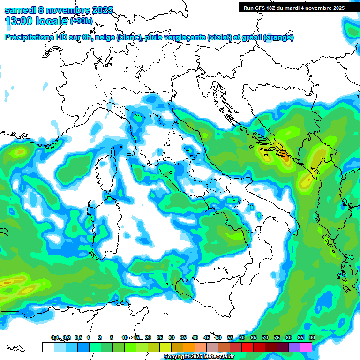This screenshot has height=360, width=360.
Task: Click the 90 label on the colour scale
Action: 312,337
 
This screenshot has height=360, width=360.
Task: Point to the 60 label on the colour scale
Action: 242,337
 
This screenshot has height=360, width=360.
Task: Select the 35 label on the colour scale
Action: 183,337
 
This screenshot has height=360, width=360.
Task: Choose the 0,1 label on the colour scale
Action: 55,337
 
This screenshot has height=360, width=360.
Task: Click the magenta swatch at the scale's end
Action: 306,347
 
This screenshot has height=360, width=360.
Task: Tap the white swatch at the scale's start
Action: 48,347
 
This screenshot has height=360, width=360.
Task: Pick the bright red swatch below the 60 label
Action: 247,347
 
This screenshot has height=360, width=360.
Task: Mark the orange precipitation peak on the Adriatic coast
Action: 285,158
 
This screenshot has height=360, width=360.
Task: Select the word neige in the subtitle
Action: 105,37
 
